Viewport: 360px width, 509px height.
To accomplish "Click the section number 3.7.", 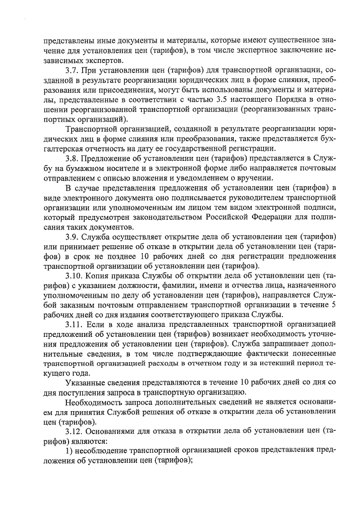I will tap(73, 69).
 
